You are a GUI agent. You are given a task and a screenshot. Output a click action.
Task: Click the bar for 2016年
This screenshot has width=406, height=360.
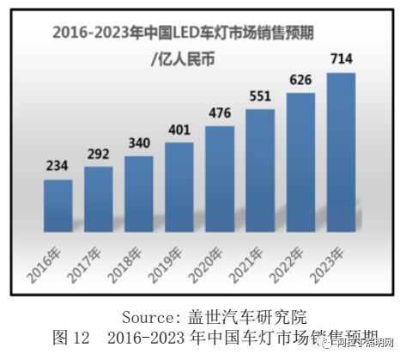(x=58, y=205)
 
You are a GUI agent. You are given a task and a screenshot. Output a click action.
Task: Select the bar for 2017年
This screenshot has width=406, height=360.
(x=98, y=198)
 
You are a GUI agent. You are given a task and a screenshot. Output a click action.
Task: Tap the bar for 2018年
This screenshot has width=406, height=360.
(x=138, y=193)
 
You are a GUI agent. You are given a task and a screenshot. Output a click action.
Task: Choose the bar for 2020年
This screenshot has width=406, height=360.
(x=220, y=179)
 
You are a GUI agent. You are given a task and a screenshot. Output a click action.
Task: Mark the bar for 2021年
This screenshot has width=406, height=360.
(x=261, y=170)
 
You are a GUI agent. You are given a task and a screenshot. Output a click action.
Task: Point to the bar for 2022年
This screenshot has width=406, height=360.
(x=300, y=162)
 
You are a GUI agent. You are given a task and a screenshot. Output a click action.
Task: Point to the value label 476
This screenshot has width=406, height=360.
(x=220, y=117)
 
